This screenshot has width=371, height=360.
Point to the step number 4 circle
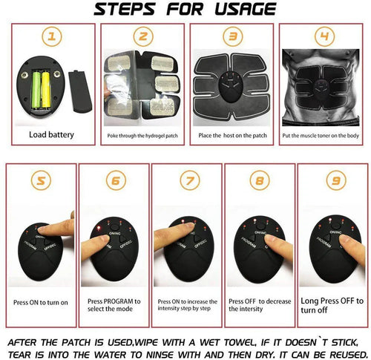[x=323, y=37]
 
